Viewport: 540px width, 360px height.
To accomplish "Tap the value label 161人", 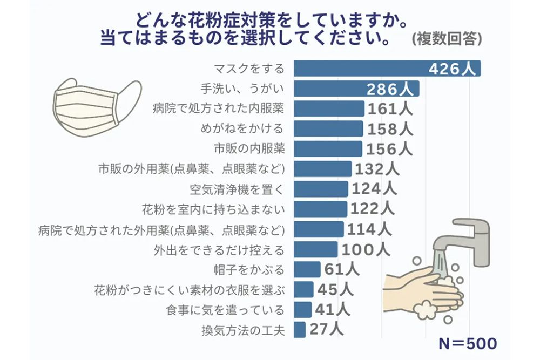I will coord(390,108).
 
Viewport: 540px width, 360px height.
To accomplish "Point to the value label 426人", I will coord(453,69).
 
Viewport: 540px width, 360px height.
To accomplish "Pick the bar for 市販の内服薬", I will coord(328,149).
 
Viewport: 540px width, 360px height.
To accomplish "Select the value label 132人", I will coord(377,169).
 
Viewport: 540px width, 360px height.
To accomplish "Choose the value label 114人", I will coord(369,229).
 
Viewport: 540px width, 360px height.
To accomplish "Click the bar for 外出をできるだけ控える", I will coord(316,249).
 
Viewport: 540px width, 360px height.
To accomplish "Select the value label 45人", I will coord(335,289).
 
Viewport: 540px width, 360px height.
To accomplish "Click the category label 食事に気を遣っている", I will coord(225,310).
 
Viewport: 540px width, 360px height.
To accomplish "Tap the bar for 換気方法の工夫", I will coord(300,329).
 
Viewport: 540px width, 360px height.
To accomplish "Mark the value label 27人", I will coord(325,329).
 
